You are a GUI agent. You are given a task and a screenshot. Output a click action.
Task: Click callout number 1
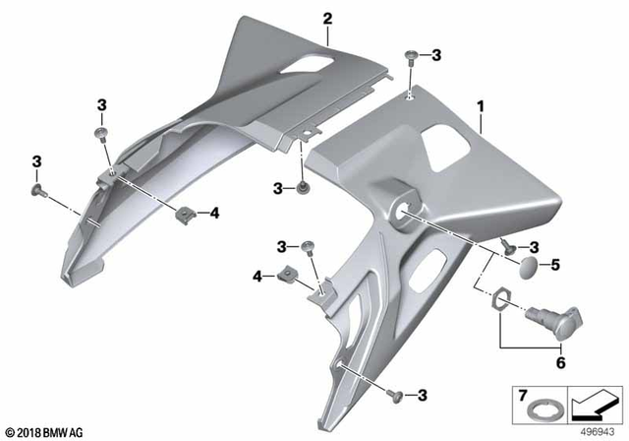(481, 103)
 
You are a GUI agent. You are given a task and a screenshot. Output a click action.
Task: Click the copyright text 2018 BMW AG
(46, 430)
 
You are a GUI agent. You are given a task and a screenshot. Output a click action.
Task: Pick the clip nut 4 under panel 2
(185, 213)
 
